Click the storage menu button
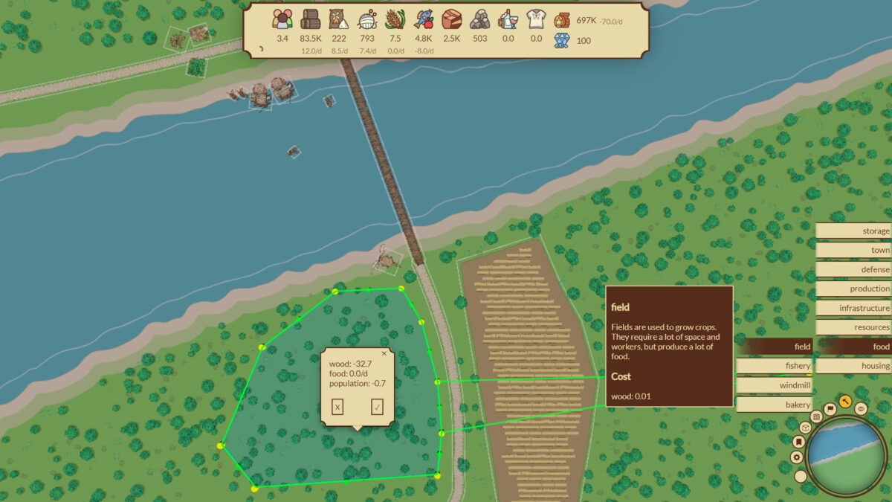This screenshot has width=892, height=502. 853,231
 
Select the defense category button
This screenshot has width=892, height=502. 853,269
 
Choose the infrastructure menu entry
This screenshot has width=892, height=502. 853,308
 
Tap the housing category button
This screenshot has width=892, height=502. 853,366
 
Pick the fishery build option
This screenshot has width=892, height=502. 774,366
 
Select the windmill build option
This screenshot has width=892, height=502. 774,385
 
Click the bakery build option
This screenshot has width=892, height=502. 774,405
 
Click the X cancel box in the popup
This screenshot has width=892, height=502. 337,407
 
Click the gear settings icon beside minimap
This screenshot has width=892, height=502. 797,457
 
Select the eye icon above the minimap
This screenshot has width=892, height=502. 861,408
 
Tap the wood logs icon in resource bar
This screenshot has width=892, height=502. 310,20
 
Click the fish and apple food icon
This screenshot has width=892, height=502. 424,20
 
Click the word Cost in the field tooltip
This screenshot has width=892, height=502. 621,376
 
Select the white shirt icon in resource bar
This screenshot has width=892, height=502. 536,20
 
